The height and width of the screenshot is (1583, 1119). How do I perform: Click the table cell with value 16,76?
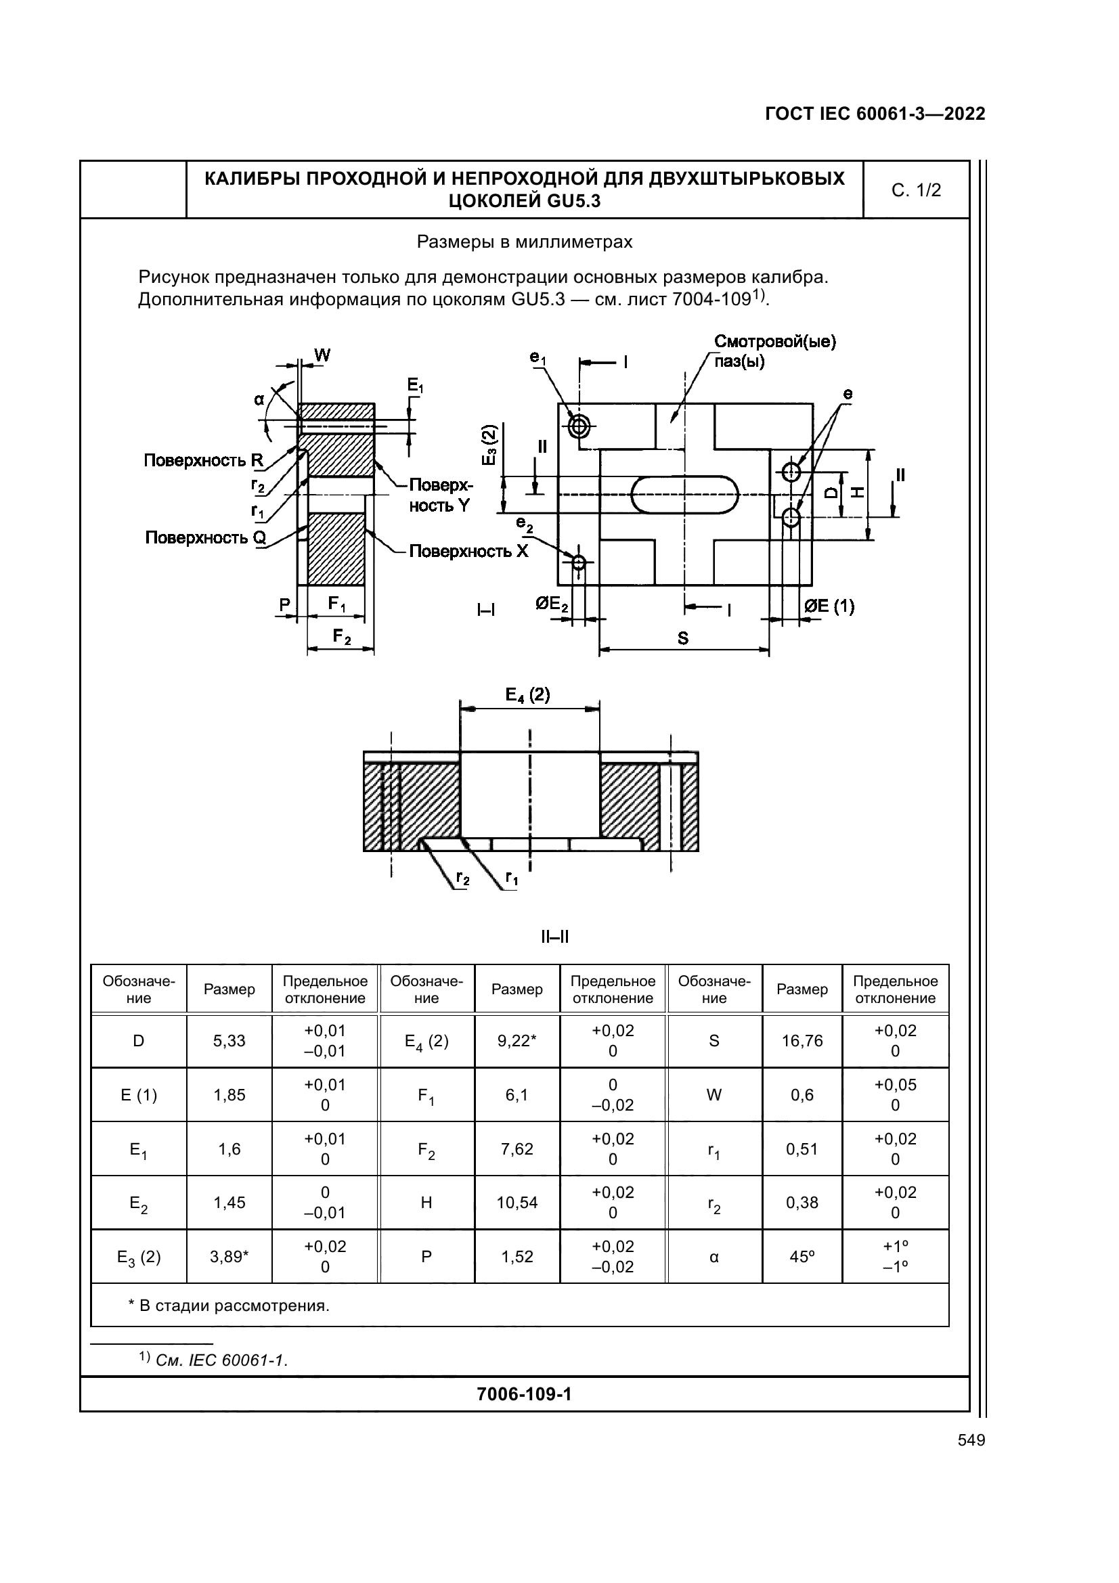tap(802, 1040)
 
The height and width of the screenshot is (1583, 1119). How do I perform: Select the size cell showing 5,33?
tap(229, 1040)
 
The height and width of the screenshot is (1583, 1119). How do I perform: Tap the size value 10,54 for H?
tap(517, 1203)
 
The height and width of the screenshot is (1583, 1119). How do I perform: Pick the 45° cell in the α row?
tap(802, 1256)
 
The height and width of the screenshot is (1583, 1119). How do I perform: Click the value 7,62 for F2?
tap(517, 1149)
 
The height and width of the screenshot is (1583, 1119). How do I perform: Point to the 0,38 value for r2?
tap(802, 1203)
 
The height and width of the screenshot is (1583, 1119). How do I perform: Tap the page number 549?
tap(971, 1440)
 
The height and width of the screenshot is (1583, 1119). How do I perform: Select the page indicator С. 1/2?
tap(916, 190)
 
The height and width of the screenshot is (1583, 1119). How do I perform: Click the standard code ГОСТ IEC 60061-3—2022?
tap(875, 114)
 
